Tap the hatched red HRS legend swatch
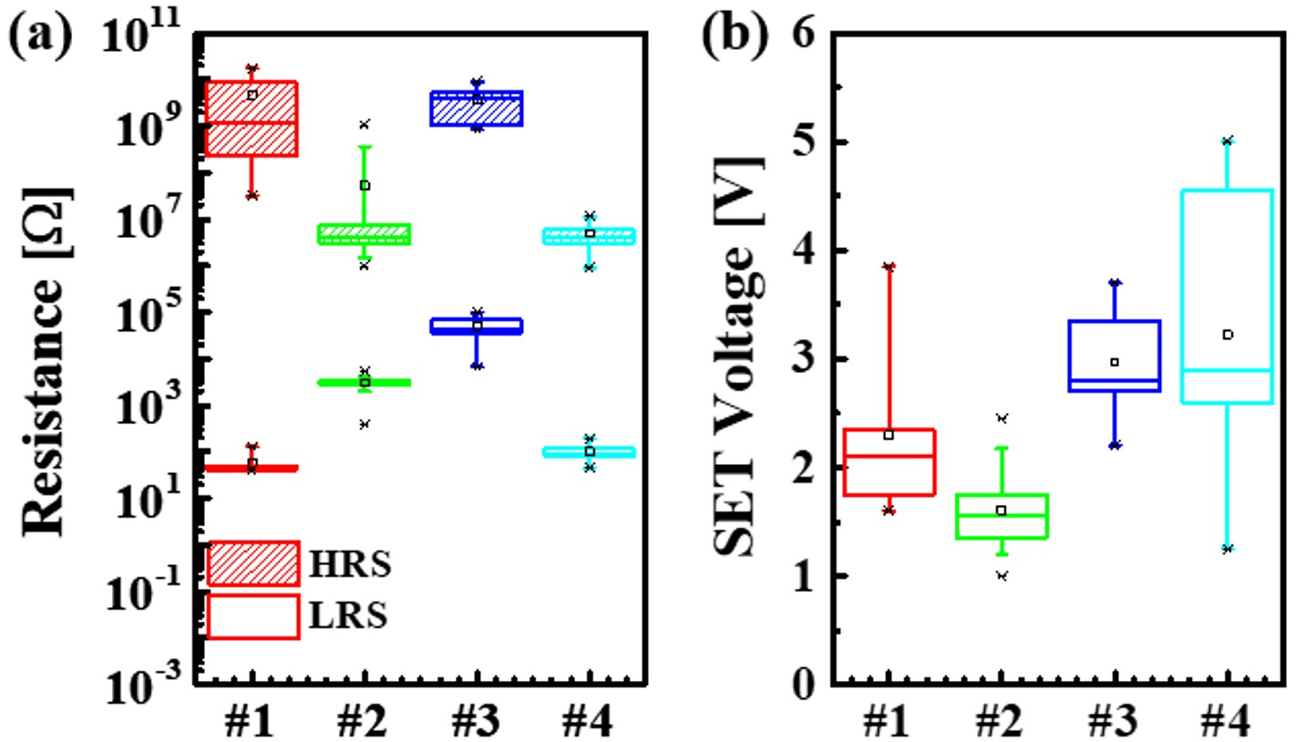tap(252, 563)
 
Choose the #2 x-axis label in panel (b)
tap(1001, 723)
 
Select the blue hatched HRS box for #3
tap(477, 108)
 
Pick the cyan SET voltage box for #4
tap(1228, 296)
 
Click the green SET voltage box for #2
tap(1001, 516)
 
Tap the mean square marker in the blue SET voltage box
tap(1114, 362)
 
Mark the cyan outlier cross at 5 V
tap(1228, 140)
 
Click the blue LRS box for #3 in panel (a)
tap(477, 326)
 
